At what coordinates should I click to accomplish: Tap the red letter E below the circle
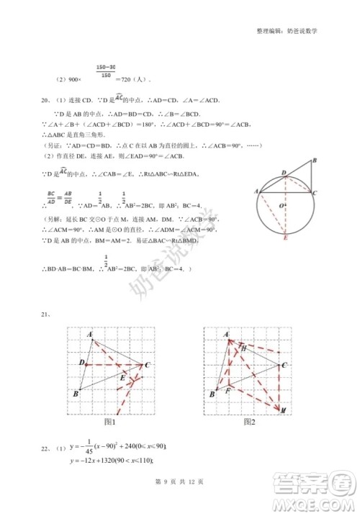287,237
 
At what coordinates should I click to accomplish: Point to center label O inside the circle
281,205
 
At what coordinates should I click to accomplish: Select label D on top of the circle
284,173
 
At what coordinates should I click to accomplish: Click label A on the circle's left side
256,190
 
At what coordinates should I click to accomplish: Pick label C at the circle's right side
314,193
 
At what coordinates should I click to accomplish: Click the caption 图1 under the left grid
110,422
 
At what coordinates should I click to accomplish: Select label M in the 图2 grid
284,409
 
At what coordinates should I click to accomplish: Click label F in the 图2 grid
228,391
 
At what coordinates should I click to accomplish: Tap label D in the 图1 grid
82,362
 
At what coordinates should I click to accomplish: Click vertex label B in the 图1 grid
76,394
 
